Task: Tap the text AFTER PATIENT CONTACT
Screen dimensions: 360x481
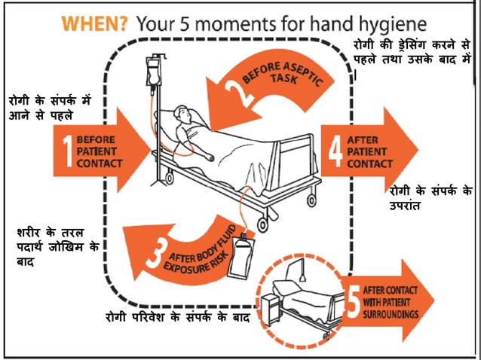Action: tap(369, 151)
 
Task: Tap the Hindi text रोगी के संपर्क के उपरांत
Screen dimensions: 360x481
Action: tap(430, 197)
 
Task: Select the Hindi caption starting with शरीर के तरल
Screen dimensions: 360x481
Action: tap(57, 246)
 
